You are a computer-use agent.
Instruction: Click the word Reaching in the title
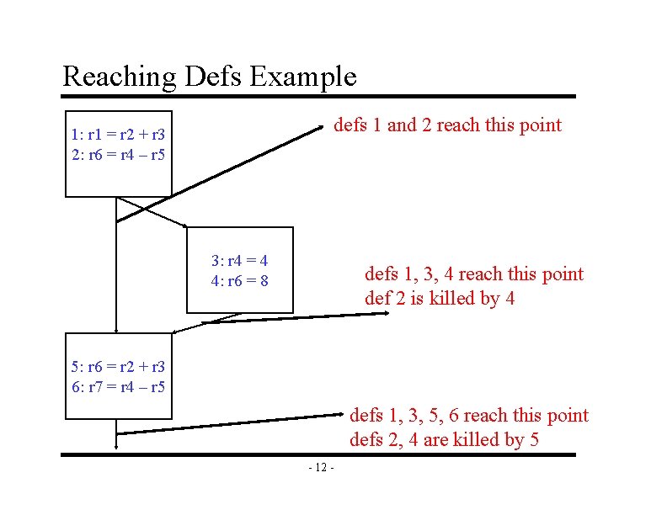pyautogui.click(x=120, y=77)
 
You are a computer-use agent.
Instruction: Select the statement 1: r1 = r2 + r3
pyautogui.click(x=118, y=133)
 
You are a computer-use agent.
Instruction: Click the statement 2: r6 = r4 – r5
pyautogui.click(x=118, y=155)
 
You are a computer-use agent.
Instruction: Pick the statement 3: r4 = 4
pyautogui.click(x=239, y=260)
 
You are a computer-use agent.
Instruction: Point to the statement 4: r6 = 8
pyautogui.click(x=239, y=281)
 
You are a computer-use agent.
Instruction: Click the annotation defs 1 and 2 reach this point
pyautogui.click(x=447, y=125)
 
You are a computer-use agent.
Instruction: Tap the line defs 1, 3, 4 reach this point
pyautogui.click(x=473, y=273)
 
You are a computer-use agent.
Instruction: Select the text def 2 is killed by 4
pyautogui.click(x=440, y=298)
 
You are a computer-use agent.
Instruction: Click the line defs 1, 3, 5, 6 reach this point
pyautogui.click(x=469, y=415)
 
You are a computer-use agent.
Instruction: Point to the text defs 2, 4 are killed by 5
pyautogui.click(x=444, y=439)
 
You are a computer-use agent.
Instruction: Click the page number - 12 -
pyautogui.click(x=321, y=468)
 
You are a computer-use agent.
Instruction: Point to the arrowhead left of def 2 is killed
pyautogui.click(x=386, y=313)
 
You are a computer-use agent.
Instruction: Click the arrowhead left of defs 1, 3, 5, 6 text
pyautogui.click(x=343, y=413)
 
